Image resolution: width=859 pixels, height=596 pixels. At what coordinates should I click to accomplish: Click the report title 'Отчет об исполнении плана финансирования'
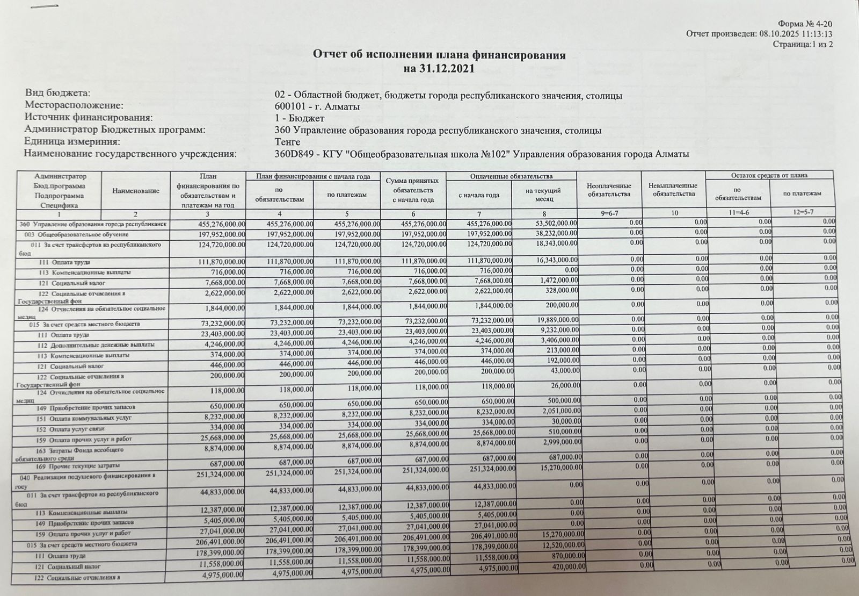pyautogui.click(x=439, y=55)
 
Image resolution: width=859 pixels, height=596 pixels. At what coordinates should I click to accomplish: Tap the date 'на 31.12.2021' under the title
pyautogui.click(x=439, y=69)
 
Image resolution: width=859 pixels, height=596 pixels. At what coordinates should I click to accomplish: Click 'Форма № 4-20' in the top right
pyautogui.click(x=805, y=24)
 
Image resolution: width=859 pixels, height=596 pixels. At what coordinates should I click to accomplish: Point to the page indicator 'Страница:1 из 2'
pyautogui.click(x=802, y=44)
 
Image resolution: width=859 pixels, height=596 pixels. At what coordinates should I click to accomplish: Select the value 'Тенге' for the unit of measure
pyautogui.click(x=287, y=142)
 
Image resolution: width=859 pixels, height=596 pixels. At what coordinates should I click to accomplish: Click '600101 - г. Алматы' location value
pyautogui.click(x=317, y=106)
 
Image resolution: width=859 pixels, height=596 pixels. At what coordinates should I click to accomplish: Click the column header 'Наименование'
pyautogui.click(x=136, y=191)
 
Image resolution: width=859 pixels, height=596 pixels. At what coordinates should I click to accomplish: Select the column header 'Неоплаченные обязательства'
pyautogui.click(x=609, y=190)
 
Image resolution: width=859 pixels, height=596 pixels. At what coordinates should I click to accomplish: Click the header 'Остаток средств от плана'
pyautogui.click(x=769, y=176)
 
